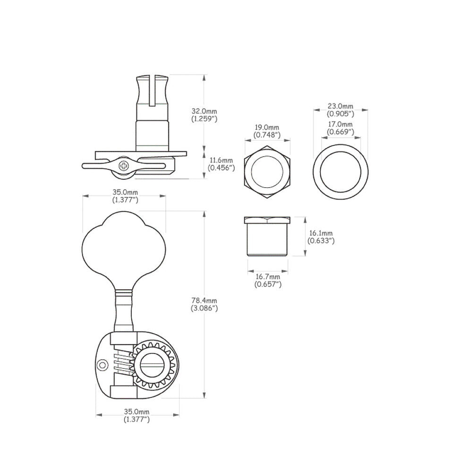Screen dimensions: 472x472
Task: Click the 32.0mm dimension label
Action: tap(204, 111)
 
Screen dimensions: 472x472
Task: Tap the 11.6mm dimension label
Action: tap(221, 160)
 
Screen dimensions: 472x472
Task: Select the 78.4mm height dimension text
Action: tap(204, 300)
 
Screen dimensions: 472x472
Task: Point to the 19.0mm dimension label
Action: tap(267, 127)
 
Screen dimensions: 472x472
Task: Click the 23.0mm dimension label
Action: tap(340, 106)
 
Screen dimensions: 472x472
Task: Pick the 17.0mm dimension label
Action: tap(340, 124)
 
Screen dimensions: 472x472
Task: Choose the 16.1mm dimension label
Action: tap(321, 233)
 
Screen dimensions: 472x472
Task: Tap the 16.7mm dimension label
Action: tap(268, 276)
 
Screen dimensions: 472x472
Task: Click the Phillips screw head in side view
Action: tap(124, 166)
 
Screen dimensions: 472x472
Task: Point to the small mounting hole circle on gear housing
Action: tap(102, 365)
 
